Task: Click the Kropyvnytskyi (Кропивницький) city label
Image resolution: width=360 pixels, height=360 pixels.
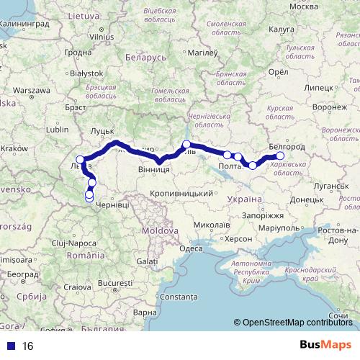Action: pos(183,194)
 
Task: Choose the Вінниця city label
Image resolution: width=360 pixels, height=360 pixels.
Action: pos(153,169)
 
